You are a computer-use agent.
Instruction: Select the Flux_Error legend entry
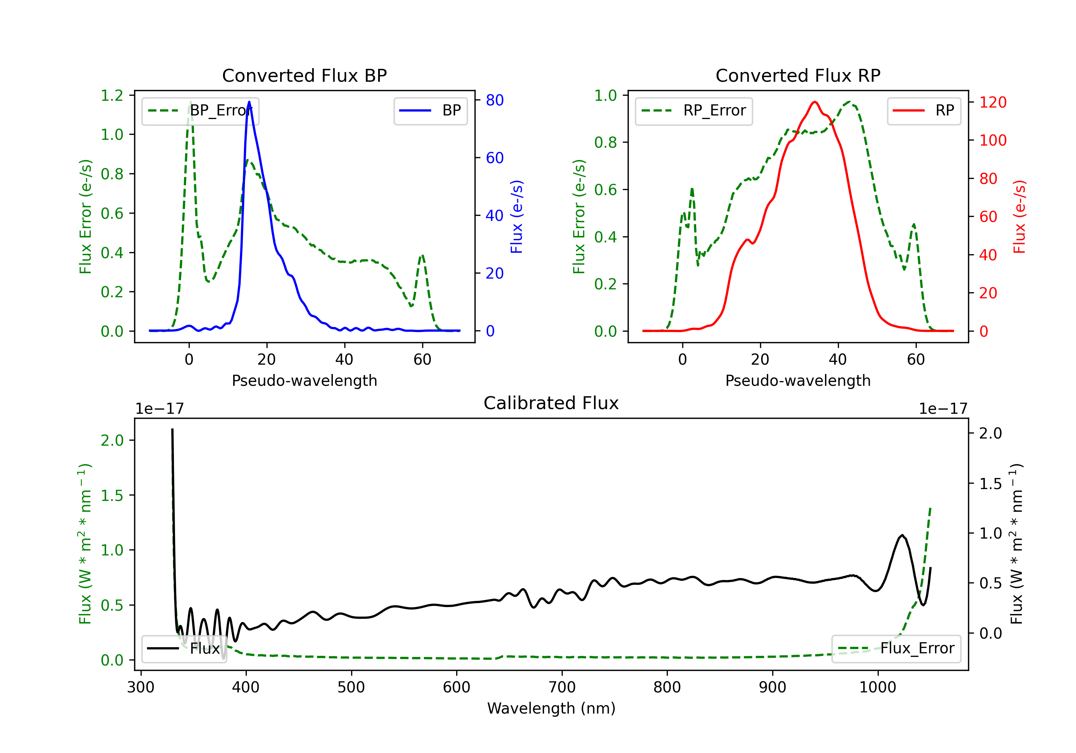896,649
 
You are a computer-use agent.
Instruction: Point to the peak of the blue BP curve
249,102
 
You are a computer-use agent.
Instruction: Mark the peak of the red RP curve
815,102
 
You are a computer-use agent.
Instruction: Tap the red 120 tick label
992,102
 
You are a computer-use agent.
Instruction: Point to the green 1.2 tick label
112,96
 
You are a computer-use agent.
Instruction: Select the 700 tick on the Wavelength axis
562,687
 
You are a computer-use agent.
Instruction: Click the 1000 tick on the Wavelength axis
877,687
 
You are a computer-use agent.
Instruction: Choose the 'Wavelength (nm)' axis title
551,708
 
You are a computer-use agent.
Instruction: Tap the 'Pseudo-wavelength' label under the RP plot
798,380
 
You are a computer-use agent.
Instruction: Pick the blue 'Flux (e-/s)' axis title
516,217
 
